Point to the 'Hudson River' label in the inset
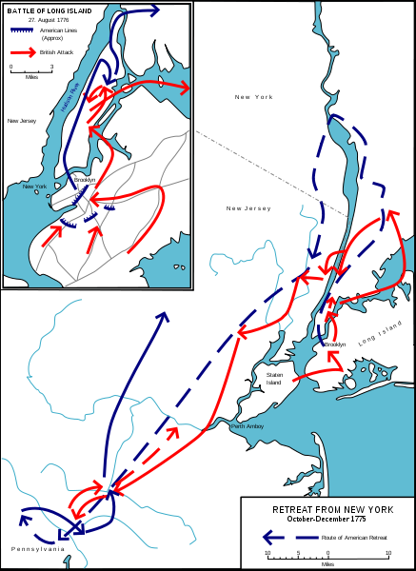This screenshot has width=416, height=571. (68, 101)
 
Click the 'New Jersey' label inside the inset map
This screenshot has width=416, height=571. (21, 121)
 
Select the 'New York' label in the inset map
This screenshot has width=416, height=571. (35, 187)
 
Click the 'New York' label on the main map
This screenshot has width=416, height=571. (254, 97)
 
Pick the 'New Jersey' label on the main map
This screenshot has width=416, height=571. (248, 208)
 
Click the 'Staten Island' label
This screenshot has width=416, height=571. (274, 379)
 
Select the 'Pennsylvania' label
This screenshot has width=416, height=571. (38, 549)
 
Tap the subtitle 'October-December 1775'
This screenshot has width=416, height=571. (327, 520)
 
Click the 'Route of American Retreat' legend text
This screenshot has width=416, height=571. (355, 538)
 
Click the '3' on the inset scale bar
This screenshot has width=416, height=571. (51, 67)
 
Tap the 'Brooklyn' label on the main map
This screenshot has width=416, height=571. (334, 345)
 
